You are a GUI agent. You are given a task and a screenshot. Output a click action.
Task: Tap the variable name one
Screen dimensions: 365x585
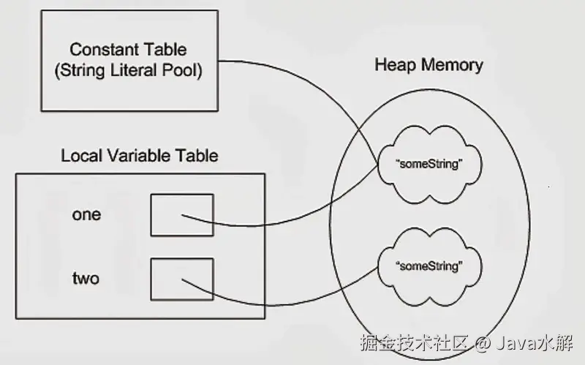pos(86,215)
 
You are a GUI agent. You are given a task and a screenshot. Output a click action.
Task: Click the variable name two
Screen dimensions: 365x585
pos(86,279)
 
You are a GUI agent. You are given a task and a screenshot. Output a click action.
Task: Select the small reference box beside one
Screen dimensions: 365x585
pos(182,215)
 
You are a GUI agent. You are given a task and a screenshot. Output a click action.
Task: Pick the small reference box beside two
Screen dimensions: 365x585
pos(182,279)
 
